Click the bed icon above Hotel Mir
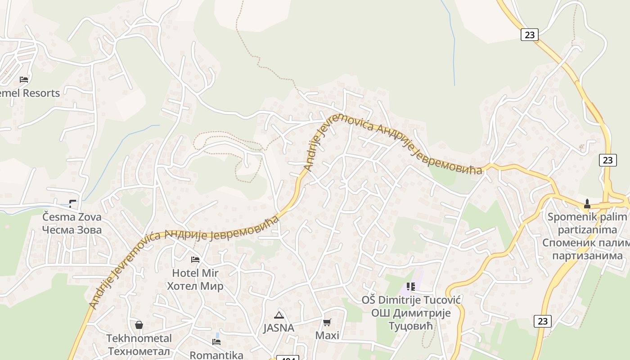(195, 260)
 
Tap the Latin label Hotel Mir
(195, 273)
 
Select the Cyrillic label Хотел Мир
(195, 286)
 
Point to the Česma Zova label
(72, 217)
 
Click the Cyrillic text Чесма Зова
(72, 230)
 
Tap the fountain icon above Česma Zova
(72, 203)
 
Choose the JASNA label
(279, 328)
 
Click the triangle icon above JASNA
(279, 315)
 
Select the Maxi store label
(327, 335)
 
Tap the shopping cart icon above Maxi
(327, 322)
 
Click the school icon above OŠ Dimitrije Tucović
(410, 286)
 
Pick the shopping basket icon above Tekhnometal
(139, 325)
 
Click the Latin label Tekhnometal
(139, 338)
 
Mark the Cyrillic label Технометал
(139, 351)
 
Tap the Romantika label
(216, 355)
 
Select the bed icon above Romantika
(216, 342)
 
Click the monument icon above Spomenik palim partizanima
(587, 203)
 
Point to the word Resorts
(41, 93)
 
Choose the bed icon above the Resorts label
(24, 80)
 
